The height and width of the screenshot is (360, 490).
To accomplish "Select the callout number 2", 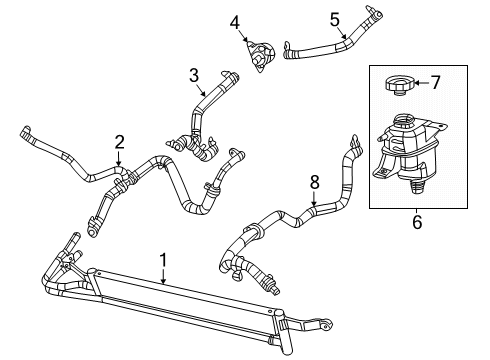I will (x=119, y=141).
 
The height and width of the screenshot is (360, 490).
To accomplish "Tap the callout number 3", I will (x=195, y=74).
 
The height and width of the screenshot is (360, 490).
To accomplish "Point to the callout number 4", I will (x=235, y=20).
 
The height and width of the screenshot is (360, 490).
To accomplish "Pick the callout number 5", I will (x=335, y=17).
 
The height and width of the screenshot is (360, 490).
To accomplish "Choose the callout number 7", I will (x=436, y=82).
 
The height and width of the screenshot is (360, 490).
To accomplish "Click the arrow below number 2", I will (x=119, y=157).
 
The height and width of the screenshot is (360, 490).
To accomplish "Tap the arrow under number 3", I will (x=197, y=88).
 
